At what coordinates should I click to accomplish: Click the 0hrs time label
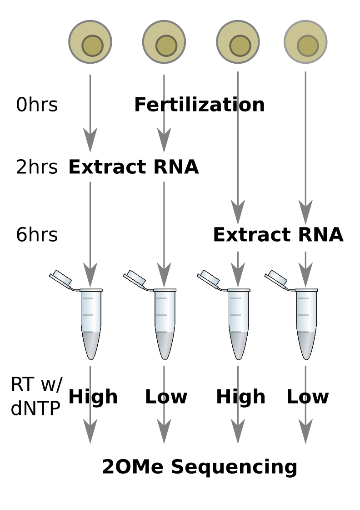point(37,105)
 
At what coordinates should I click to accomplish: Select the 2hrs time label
point(37,167)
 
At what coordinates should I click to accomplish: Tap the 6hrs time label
point(37,234)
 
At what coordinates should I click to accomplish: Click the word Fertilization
point(200,105)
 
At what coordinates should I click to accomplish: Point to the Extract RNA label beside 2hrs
point(134,167)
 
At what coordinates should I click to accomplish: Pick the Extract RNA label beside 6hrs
point(278,234)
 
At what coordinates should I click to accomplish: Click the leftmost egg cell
point(90,42)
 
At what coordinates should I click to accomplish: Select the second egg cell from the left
point(164,42)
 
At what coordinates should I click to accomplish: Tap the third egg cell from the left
point(238,42)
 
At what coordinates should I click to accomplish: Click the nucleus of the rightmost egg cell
point(308,46)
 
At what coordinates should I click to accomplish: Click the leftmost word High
point(93,397)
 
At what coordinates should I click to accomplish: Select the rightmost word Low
point(308,397)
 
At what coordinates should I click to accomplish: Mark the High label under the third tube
point(241,397)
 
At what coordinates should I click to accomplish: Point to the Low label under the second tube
point(166,397)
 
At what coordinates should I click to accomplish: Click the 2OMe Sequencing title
point(200,467)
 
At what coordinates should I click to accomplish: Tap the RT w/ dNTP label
point(36,396)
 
